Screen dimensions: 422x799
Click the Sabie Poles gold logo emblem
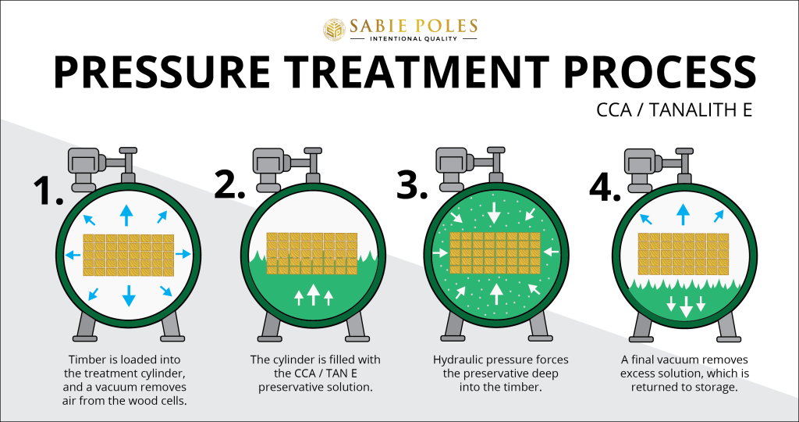coord(336,29)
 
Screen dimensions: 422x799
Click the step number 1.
coord(47,189)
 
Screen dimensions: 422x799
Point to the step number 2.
coord(229,184)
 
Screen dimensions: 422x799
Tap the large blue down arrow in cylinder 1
coord(129,294)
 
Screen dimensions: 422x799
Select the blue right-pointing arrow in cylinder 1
coord(183,254)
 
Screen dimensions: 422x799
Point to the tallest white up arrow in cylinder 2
coord(313,294)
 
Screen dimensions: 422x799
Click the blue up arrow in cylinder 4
coord(684,213)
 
